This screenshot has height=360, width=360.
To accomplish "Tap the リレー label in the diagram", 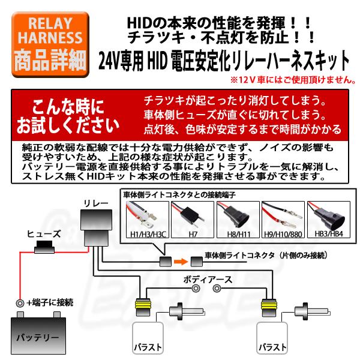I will click(x=97, y=204).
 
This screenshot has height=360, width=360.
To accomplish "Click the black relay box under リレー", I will click(x=96, y=228).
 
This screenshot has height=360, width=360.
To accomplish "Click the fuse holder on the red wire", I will click(x=45, y=247).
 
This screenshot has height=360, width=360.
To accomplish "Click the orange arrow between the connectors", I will click(x=179, y=261).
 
